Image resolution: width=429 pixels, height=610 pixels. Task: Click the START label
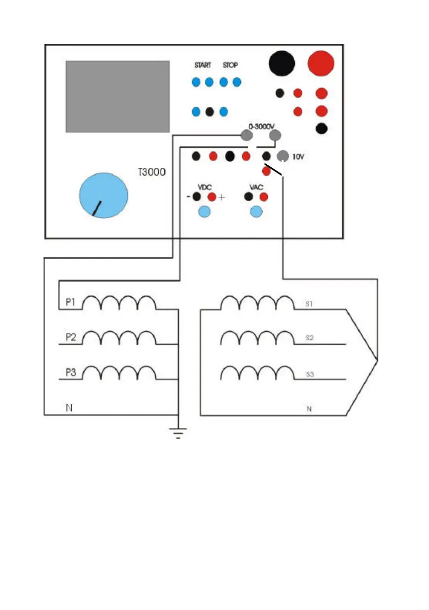pos(203,66)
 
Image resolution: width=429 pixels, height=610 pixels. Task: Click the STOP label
pos(230,66)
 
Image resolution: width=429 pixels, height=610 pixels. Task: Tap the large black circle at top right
pos(282,63)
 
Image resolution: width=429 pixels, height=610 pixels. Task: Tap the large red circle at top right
pos(321,63)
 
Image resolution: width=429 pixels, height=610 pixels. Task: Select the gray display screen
pos(118,96)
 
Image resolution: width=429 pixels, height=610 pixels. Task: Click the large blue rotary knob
pos(103,195)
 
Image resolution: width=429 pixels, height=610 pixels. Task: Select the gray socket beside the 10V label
pos(282,156)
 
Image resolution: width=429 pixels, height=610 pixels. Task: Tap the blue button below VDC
pos(204,211)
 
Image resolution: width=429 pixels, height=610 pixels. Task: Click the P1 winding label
pos(71,303)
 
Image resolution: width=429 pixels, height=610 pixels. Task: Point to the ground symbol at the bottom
pos(177,433)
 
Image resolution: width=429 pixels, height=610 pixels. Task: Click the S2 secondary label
pos(309,338)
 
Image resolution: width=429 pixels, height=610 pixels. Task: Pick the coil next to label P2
pos(119,338)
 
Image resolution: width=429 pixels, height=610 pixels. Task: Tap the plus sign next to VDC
pos(222,197)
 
